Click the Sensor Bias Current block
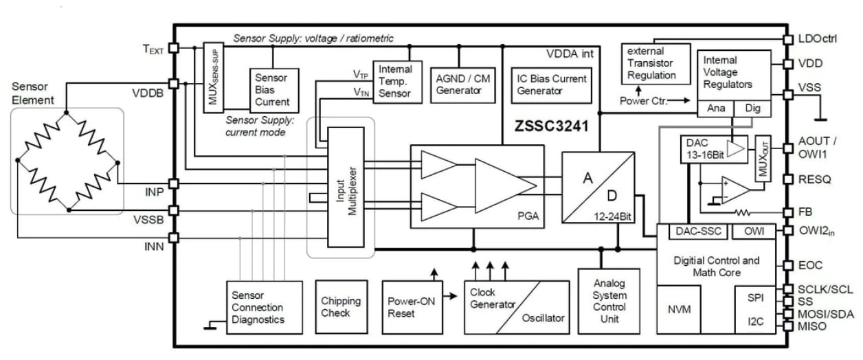[x=272, y=89]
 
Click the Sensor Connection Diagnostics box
[x=265, y=307]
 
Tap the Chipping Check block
[x=341, y=307]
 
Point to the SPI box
[x=755, y=297]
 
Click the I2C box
[x=755, y=321]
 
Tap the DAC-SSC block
[x=699, y=232]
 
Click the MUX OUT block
[x=762, y=158]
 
